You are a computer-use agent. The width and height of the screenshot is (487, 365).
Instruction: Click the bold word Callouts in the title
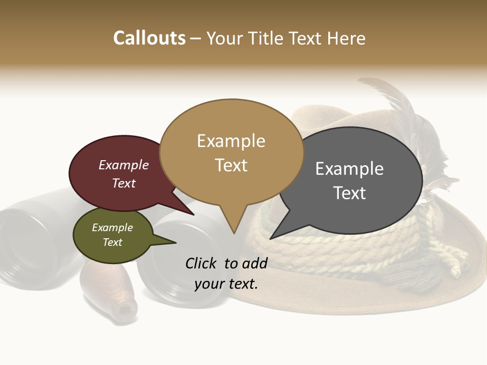149,38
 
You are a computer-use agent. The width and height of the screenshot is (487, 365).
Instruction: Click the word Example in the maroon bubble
124,165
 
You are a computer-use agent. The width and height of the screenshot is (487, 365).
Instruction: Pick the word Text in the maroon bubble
124,183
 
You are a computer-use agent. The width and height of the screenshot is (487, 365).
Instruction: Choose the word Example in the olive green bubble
112,228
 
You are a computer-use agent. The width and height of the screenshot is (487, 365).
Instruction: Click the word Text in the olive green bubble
112,242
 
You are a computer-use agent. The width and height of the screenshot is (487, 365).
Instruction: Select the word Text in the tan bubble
231,165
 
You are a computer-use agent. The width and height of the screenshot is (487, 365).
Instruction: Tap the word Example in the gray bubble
350,168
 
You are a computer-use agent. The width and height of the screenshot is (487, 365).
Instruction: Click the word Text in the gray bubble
350,193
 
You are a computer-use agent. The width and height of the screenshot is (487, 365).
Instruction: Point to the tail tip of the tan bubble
234,233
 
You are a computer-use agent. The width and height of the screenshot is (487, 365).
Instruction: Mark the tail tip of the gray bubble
270,238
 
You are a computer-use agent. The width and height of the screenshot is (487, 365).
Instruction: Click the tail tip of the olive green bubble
176,242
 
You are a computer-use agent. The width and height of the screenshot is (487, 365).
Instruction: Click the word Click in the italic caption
202,263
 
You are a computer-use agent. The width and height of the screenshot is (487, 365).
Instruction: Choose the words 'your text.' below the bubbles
226,284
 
